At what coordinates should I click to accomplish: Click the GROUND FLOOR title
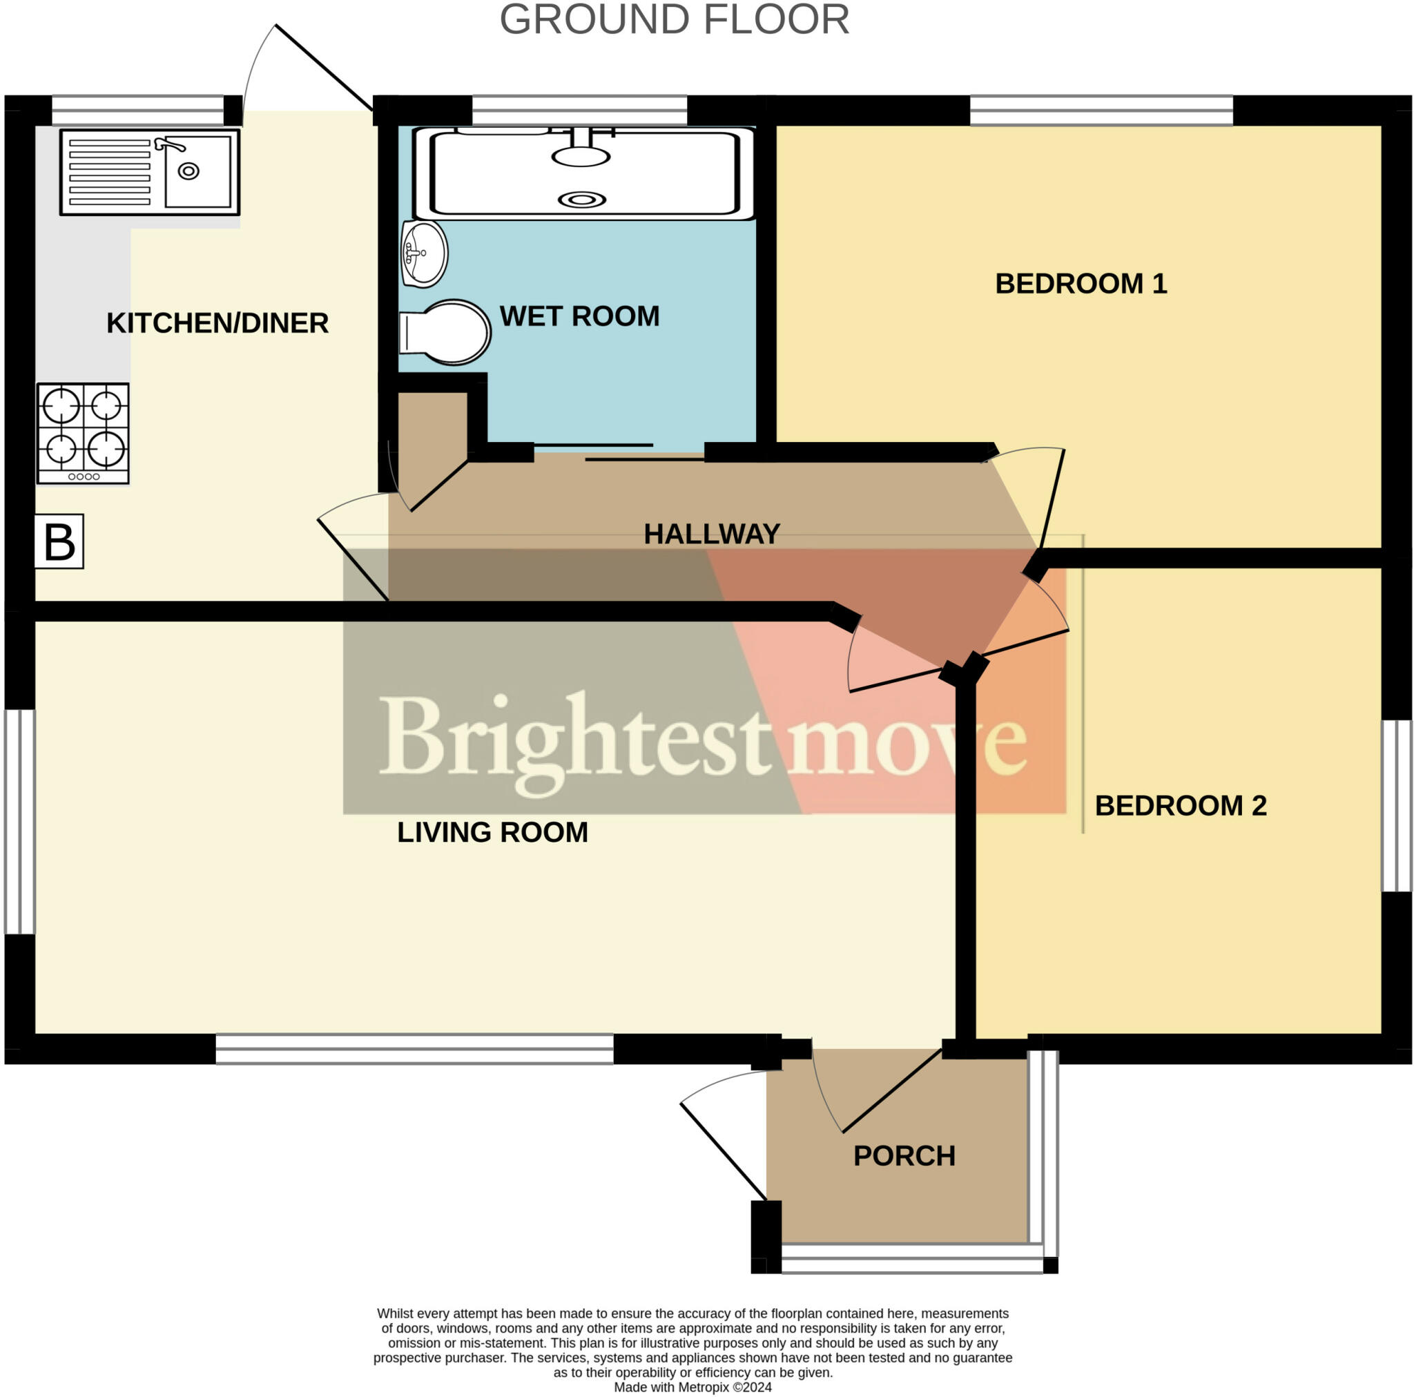674,21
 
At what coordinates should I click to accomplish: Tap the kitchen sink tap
168,144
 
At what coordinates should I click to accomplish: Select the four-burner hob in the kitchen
84,433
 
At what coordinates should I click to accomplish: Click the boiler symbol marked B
59,542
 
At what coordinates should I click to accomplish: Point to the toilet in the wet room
444,332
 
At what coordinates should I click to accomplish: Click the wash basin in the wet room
424,253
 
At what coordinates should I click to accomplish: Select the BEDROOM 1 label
1081,284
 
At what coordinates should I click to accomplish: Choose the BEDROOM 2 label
1180,805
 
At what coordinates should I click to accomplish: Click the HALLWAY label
711,534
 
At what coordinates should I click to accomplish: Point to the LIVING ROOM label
492,833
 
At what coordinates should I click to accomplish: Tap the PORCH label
904,1155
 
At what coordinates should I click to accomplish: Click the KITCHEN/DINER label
217,323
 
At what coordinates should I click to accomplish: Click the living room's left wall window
20,822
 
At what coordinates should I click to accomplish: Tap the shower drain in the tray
582,199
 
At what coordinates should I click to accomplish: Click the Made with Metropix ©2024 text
693,1387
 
